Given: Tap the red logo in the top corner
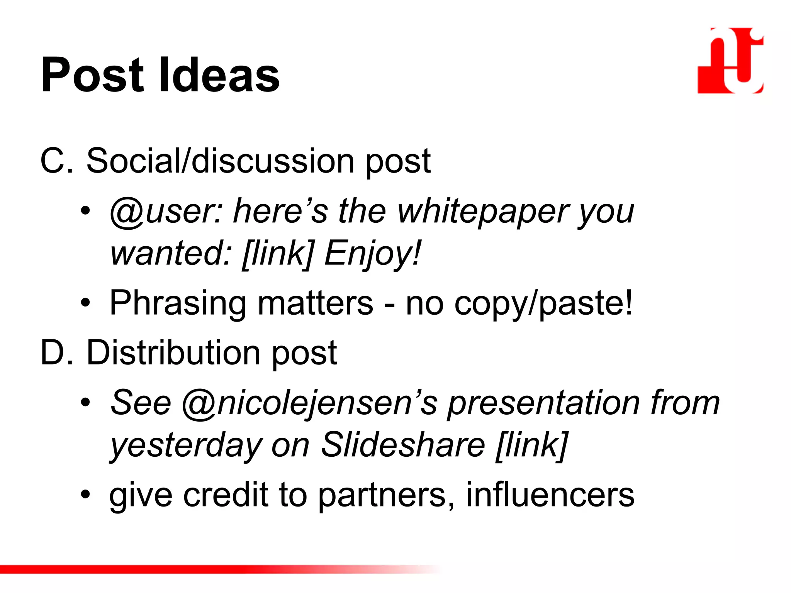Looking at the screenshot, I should coord(730,61).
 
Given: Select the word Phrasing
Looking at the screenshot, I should coord(178,304).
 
